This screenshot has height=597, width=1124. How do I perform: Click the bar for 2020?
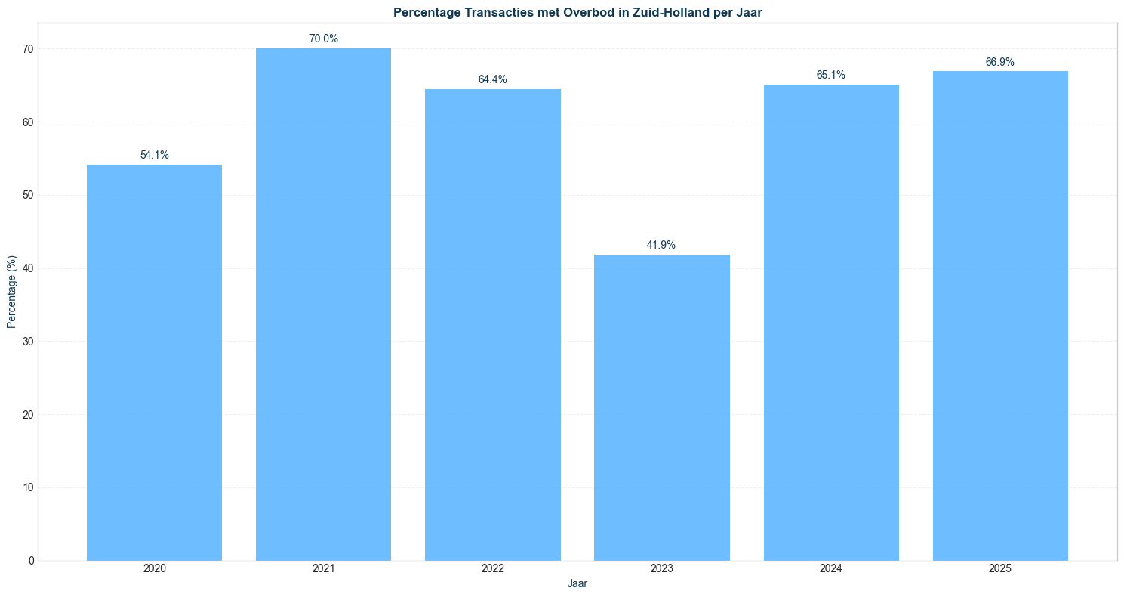(154, 363)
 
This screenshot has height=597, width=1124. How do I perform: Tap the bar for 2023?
(662, 407)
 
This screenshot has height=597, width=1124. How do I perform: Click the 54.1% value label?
(154, 155)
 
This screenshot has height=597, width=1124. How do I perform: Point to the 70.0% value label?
(323, 39)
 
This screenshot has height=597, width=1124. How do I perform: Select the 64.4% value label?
(492, 79)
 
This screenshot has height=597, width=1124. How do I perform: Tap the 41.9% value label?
(661, 245)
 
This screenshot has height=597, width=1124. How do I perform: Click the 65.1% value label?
(830, 75)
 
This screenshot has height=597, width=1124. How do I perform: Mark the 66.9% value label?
(1000, 62)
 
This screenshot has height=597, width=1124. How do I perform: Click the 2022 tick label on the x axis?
(492, 568)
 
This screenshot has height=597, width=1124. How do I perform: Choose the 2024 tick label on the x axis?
(830, 568)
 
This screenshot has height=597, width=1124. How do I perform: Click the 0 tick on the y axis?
(31, 561)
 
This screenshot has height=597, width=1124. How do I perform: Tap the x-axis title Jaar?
(577, 583)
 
